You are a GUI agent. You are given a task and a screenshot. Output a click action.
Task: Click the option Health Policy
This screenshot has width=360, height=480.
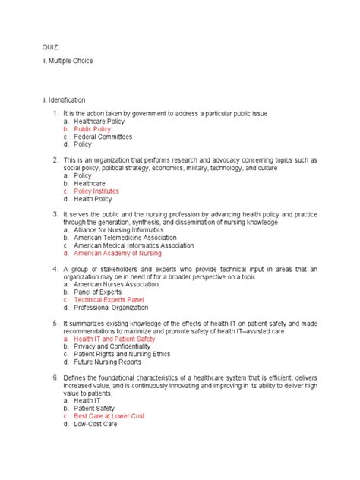coord(93,199)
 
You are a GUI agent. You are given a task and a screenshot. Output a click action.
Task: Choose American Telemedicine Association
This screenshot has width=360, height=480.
coord(125,238)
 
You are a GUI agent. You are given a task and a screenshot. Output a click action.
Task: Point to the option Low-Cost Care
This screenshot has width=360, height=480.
coord(95,425)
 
